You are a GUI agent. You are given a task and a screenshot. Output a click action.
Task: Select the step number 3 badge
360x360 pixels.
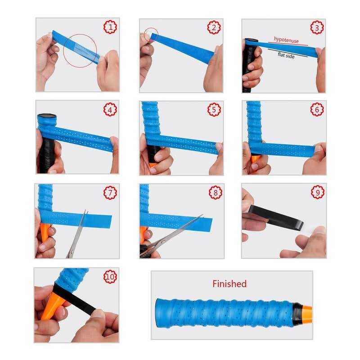tap(318, 27)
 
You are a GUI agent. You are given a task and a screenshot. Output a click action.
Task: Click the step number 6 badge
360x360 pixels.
tap(318, 109)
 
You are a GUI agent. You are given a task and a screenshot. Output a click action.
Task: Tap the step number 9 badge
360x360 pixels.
tap(318, 192)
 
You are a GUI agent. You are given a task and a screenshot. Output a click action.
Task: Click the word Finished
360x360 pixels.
tap(229, 283)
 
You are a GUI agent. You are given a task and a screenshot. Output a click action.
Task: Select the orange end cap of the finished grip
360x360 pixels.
tap(306, 311)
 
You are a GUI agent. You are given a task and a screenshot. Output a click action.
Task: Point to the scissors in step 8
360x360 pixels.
tap(171, 236)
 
